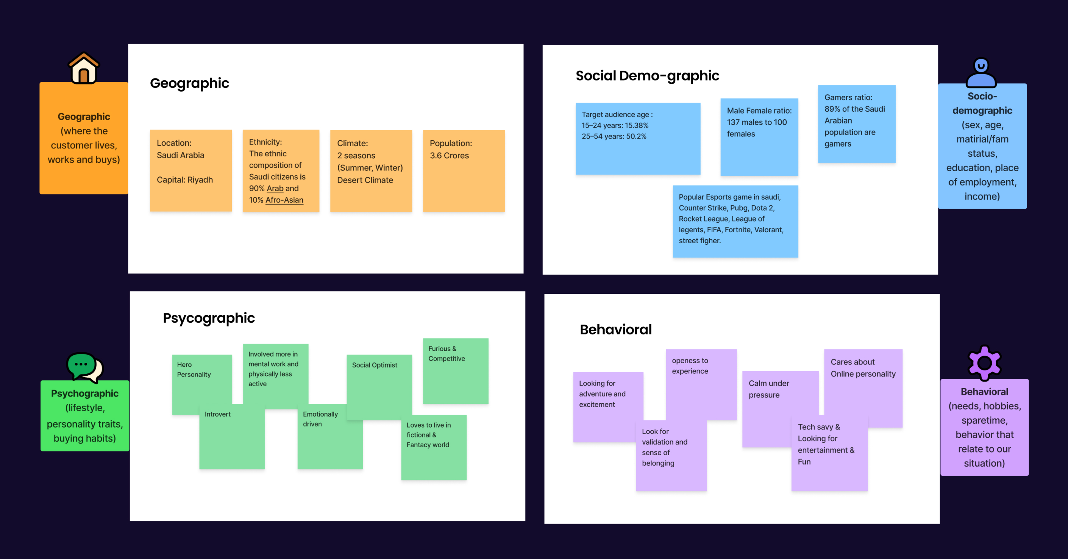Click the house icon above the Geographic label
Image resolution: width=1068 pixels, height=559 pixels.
pos(84,69)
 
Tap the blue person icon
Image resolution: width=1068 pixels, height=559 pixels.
pos(981,73)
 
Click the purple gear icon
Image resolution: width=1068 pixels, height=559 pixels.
pos(984,363)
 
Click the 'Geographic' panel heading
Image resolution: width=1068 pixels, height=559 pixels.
pos(189,83)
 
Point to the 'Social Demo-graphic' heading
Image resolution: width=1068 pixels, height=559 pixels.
pos(647,76)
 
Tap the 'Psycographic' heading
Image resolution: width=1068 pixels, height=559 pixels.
pos(209,318)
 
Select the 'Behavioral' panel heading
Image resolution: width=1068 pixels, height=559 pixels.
pos(616,329)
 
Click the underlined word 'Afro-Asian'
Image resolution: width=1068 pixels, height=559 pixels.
pos(284,200)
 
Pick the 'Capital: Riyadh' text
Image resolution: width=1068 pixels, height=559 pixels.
pos(185,180)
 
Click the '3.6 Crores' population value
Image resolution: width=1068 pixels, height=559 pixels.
pos(450,156)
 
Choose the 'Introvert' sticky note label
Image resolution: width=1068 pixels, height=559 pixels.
pos(218,414)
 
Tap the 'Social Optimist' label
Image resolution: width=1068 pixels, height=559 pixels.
pos(375,365)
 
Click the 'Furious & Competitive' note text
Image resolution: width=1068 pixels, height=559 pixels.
pos(447,354)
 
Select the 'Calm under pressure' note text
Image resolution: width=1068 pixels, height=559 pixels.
pos(769,389)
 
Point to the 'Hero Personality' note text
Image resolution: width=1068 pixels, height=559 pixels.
pos(194,370)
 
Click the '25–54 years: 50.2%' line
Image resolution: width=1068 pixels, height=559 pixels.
pos(614,136)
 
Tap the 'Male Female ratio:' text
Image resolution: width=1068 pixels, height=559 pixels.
pos(759,111)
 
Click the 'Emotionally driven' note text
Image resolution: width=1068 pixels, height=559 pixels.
pos(320,419)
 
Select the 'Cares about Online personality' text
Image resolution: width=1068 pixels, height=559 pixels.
pos(863,368)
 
